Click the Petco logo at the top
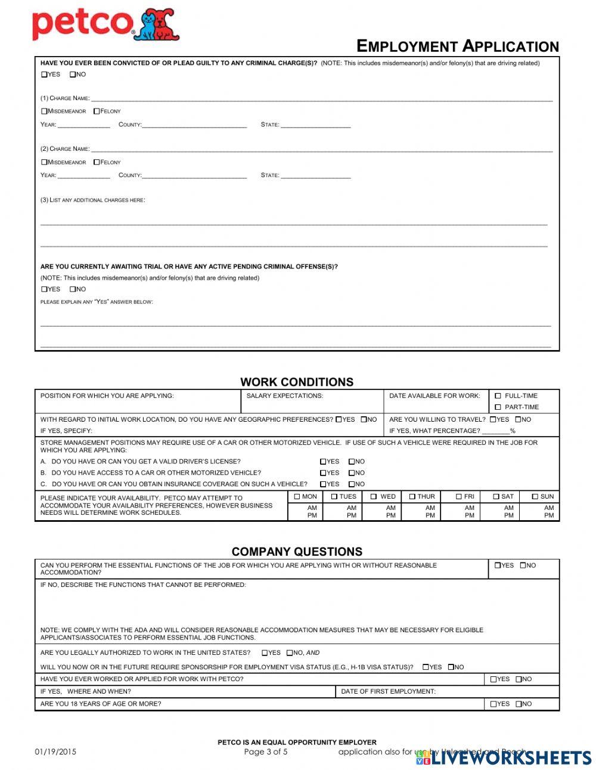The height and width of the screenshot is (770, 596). point(105,24)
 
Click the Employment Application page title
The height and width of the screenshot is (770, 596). point(457,47)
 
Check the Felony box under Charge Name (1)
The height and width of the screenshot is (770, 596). point(97,111)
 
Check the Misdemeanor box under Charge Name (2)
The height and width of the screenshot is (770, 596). point(44,162)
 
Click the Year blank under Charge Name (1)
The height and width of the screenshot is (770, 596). point(83,125)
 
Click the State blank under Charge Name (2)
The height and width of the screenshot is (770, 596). point(315,175)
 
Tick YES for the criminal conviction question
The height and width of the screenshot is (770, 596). point(44,75)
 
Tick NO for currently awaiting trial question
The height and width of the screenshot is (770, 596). point(73,289)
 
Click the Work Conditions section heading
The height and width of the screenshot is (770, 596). point(297,382)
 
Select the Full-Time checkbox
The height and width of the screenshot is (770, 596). point(498,396)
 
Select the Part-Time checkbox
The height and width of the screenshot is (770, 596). point(498,407)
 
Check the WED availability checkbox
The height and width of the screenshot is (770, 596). point(374,497)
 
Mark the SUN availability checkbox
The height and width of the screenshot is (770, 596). point(535,497)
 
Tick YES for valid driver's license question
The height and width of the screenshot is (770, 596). point(323,462)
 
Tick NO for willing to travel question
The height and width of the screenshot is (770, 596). point(519,419)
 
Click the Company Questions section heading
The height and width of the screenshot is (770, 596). point(297,552)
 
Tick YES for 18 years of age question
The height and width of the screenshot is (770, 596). point(493,704)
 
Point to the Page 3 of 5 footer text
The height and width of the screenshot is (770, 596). point(266,752)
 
